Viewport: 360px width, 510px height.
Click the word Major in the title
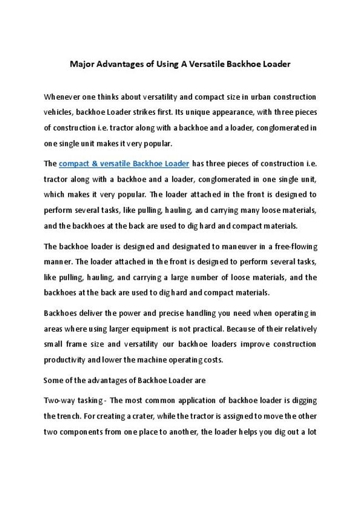click(x=81, y=64)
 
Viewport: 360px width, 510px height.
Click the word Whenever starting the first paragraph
click(x=61, y=96)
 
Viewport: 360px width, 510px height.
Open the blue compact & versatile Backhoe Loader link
click(x=124, y=164)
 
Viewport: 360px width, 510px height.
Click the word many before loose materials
click(x=240, y=211)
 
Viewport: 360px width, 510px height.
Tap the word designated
click(x=161, y=246)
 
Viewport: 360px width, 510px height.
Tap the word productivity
click(x=62, y=360)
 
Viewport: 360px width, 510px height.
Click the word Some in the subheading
click(x=53, y=380)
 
